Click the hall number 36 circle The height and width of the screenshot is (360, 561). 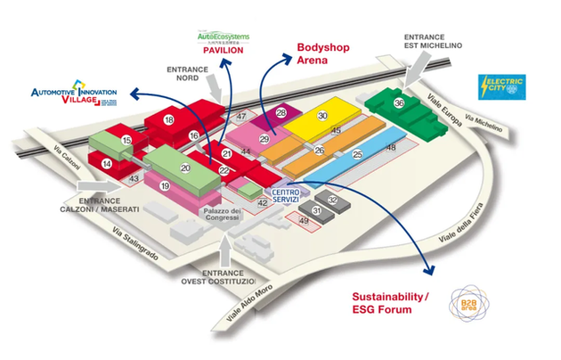click(400, 103)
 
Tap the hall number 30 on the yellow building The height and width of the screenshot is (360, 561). click(322, 116)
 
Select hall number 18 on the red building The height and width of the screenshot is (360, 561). click(168, 119)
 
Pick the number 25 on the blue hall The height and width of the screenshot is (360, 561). click(357, 155)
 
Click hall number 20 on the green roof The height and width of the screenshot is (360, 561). click(186, 167)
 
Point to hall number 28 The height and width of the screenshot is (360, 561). click(281, 113)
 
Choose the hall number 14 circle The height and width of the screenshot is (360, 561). click(107, 163)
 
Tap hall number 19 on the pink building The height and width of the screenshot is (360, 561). click(165, 186)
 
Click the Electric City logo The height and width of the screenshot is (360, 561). click(501, 86)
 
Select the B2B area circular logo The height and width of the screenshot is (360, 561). click(467, 303)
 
